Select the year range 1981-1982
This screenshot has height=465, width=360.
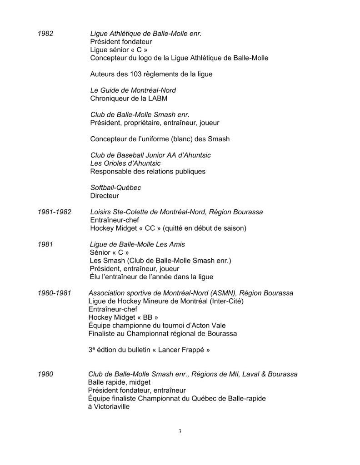[x=54, y=212]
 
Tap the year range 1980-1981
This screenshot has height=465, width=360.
[x=54, y=293]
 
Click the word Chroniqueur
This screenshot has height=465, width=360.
[x=110, y=99]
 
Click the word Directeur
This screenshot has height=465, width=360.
[x=105, y=196]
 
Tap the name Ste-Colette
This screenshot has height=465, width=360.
[x=128, y=212]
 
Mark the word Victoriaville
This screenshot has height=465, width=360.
[x=111, y=407]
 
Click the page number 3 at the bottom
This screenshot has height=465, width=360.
[x=180, y=431]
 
